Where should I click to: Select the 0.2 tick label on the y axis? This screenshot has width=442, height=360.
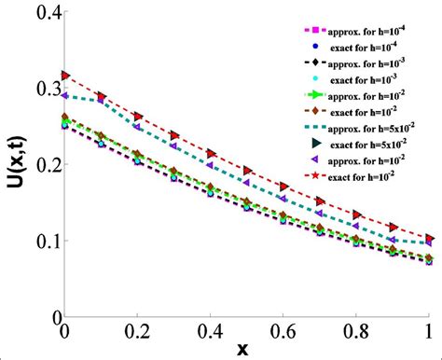(41, 165)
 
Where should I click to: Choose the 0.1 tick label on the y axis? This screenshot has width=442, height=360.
(41, 242)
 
